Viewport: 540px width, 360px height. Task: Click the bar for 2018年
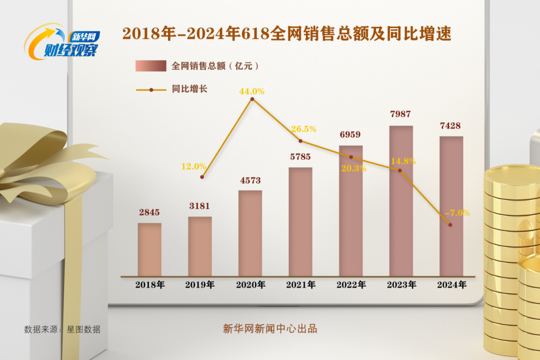pyautogui.click(x=149, y=249)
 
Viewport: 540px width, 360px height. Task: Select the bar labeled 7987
pyautogui.click(x=401, y=200)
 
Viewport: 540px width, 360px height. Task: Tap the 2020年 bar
pyautogui.click(x=250, y=233)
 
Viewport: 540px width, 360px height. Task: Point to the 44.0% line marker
pyautogui.click(x=252, y=99)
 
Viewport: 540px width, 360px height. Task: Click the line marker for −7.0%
pyautogui.click(x=450, y=225)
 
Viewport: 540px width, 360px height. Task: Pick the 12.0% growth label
pyautogui.click(x=193, y=166)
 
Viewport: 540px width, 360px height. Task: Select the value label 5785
pyautogui.click(x=300, y=157)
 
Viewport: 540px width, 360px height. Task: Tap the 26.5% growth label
pyautogui.click(x=303, y=129)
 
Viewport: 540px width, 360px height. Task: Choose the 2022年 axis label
pyautogui.click(x=351, y=285)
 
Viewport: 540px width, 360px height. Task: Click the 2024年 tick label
pyautogui.click(x=451, y=285)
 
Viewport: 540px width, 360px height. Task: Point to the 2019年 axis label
pyautogui.click(x=200, y=285)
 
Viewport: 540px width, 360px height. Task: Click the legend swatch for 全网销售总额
pyautogui.click(x=150, y=65)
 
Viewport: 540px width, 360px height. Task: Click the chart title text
pyautogui.click(x=286, y=34)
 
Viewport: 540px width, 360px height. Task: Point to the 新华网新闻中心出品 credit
pyautogui.click(x=270, y=328)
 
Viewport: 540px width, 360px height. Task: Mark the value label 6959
pyautogui.click(x=350, y=134)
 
